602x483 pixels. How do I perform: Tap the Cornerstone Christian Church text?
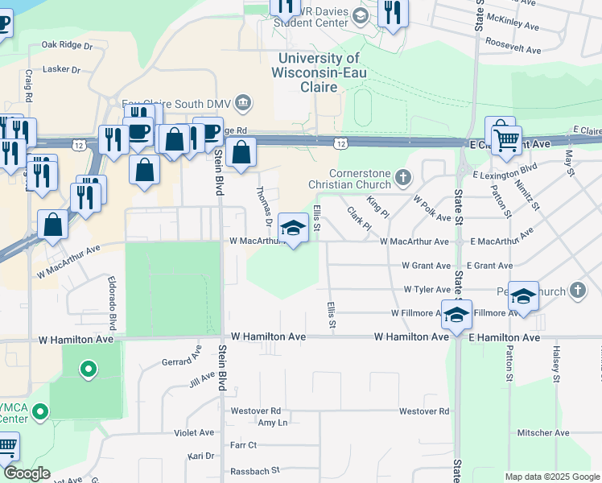coord(361,179)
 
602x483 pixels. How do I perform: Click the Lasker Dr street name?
coord(62,70)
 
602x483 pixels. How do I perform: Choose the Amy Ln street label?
coord(272,422)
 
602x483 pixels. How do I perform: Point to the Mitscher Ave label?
coord(544,433)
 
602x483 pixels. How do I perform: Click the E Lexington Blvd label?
coord(505,172)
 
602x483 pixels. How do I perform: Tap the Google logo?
coord(27,473)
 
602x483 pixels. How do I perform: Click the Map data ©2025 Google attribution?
coord(551,477)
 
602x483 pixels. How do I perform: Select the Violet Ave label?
coord(194,432)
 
